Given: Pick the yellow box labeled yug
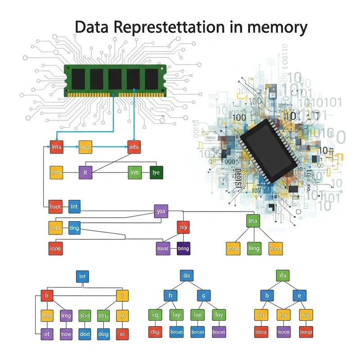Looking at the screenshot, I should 85,146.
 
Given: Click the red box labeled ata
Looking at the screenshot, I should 134,146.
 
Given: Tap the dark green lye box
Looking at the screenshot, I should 156,172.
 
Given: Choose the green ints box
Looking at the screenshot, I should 135,172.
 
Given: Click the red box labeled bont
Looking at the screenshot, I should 55,207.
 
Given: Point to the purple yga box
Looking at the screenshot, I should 160,210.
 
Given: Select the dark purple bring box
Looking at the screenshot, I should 183,248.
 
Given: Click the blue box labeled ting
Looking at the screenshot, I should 74,228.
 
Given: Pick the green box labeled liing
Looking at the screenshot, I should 254,248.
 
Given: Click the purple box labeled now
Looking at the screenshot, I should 66,334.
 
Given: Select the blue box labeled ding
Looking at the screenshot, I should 103,334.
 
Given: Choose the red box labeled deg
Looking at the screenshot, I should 155,333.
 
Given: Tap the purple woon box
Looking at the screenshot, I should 283,333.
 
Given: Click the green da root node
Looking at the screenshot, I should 283,275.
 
